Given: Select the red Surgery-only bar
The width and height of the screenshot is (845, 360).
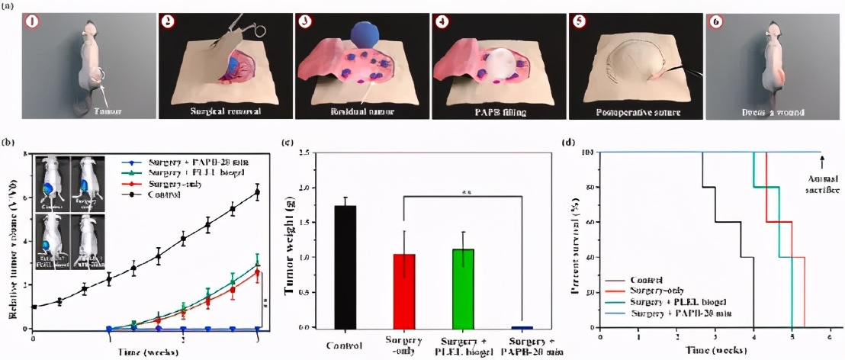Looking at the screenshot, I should coord(404,291).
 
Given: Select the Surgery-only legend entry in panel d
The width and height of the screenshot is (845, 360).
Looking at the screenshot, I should coord(641,291).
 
